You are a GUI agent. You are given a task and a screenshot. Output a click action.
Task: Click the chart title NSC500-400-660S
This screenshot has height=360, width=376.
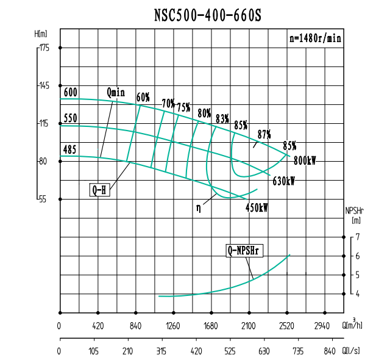(x=208, y=15)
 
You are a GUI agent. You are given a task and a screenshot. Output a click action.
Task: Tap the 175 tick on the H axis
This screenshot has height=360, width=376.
(x=44, y=48)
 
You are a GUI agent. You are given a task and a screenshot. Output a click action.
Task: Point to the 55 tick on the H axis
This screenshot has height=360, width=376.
(x=43, y=200)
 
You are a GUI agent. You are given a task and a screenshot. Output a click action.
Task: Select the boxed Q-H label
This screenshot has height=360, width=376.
(x=99, y=190)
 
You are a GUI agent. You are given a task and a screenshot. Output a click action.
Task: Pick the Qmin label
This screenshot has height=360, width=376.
(x=115, y=93)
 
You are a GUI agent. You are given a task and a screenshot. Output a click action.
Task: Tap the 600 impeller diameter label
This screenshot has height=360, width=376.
(x=70, y=93)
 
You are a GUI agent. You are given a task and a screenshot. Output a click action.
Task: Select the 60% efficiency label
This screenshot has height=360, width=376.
(x=143, y=98)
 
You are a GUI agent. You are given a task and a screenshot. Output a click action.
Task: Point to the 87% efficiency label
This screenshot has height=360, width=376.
(x=264, y=134)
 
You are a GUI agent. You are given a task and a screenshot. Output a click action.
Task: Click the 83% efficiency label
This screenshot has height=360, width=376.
(x=222, y=118)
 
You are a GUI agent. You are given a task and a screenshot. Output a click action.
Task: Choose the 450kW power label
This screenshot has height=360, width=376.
(x=257, y=207)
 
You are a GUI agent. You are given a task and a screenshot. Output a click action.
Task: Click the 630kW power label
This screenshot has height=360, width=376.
(x=284, y=181)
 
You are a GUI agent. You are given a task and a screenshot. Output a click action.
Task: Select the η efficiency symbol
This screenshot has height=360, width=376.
(x=198, y=207)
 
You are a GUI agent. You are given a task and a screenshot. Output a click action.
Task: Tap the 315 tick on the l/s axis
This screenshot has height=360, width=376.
(x=161, y=351)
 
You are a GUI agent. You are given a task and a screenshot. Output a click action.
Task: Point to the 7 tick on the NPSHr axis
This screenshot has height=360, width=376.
(x=358, y=237)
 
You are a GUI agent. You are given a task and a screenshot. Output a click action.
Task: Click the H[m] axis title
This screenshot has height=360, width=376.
(x=42, y=34)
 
